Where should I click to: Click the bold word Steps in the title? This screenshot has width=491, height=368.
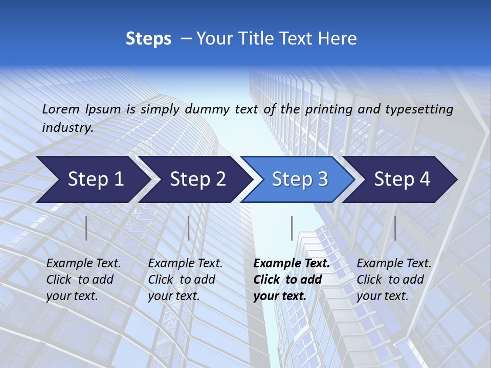pyautogui.click(x=148, y=39)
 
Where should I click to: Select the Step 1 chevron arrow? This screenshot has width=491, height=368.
pyautogui.click(x=92, y=179)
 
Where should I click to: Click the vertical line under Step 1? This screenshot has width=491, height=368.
pyautogui.click(x=86, y=228)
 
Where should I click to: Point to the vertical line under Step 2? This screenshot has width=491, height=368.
pyautogui.click(x=189, y=228)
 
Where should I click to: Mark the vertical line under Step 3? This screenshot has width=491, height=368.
pyautogui.click(x=292, y=228)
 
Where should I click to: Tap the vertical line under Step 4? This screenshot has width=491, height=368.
pyautogui.click(x=395, y=228)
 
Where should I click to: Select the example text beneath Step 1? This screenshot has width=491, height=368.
pyautogui.click(x=83, y=280)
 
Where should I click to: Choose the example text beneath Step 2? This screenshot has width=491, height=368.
pyautogui.click(x=185, y=280)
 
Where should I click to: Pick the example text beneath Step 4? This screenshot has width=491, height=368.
pyautogui.click(x=394, y=280)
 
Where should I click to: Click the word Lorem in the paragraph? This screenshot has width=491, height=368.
pyautogui.click(x=61, y=109)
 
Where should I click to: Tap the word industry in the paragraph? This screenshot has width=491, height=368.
pyautogui.click(x=67, y=127)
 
